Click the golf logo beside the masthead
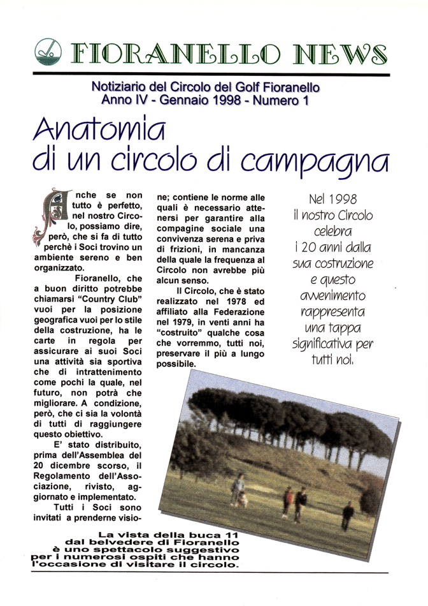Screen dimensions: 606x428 point(48,50)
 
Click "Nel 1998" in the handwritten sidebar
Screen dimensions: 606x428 point(332,196)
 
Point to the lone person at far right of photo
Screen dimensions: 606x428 point(348,514)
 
